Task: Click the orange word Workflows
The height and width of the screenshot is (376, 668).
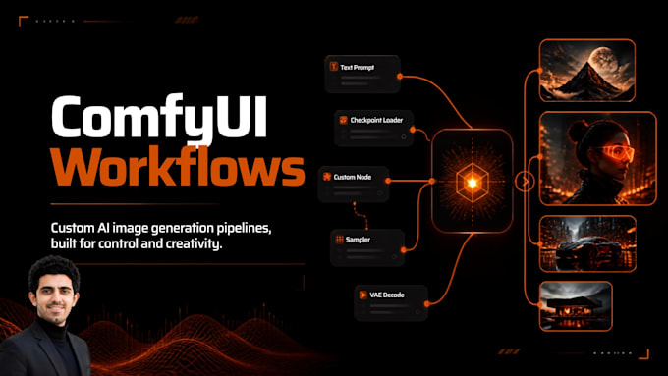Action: pos(178,167)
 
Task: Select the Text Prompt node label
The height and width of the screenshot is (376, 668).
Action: pos(357,68)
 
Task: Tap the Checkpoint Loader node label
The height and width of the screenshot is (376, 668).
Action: pos(376,120)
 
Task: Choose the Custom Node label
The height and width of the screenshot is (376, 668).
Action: pos(353,177)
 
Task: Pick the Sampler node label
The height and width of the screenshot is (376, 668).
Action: pos(358,240)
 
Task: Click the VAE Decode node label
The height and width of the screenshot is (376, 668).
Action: pos(387,295)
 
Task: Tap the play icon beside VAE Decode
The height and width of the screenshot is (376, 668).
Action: pos(362,295)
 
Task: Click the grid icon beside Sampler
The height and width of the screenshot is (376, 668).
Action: pos(339,240)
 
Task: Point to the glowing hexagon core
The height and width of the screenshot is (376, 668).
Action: pos(473,183)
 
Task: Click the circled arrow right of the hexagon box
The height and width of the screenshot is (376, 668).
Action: pos(525,182)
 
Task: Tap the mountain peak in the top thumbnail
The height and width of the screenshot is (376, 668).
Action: pos(587,64)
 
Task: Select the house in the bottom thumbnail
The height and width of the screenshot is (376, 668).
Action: pos(574,309)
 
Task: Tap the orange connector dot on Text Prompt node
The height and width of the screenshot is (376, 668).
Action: pos(400,77)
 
